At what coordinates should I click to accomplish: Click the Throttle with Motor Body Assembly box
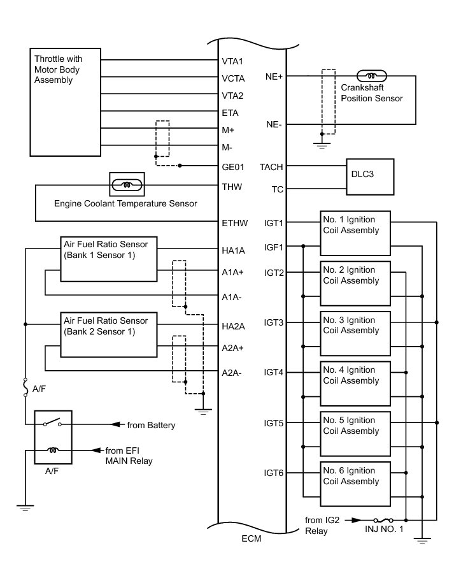click(x=64, y=101)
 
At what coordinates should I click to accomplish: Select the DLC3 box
click(x=370, y=175)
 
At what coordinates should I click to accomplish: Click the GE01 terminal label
click(x=233, y=166)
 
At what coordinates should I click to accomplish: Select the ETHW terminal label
click(x=234, y=222)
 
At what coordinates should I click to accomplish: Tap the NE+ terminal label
click(x=274, y=76)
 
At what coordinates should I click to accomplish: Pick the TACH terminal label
click(x=273, y=167)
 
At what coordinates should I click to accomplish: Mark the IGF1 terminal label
click(x=274, y=247)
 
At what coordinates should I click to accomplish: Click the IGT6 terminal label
click(x=274, y=473)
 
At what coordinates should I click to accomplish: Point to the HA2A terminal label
click(x=234, y=326)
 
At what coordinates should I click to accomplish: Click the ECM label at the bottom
click(x=252, y=538)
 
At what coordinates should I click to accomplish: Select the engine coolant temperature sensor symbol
click(x=127, y=185)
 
